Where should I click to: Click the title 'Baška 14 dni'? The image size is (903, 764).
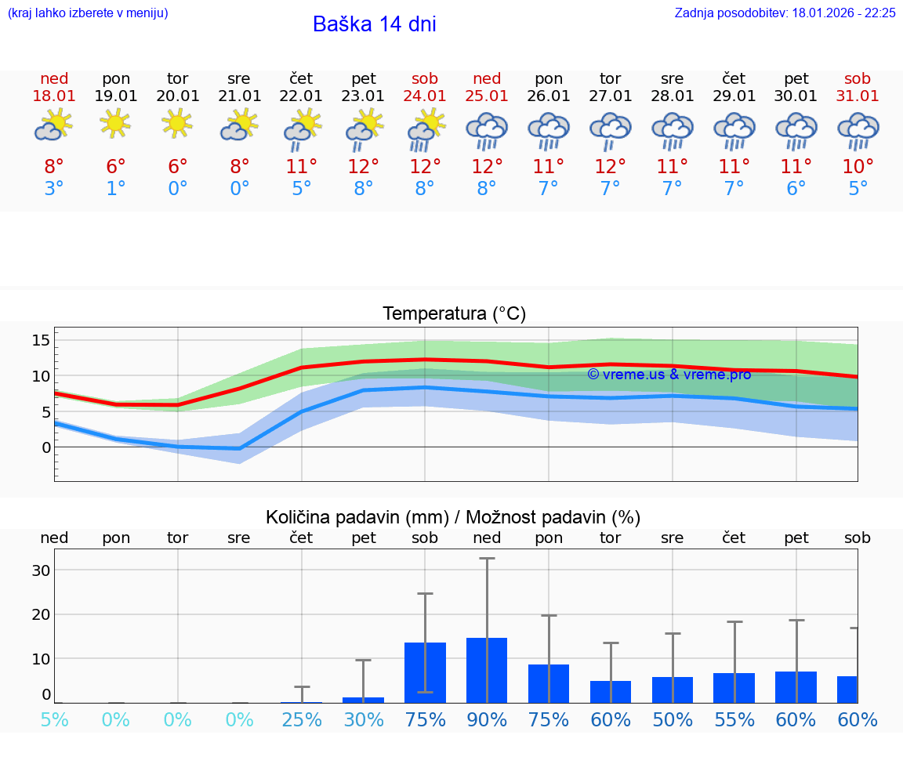(374, 24)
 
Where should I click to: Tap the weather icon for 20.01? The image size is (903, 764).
(178, 123)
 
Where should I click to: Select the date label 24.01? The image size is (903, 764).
(425, 96)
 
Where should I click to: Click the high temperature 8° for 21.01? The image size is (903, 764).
(240, 166)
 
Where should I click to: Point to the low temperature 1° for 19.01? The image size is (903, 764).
(116, 189)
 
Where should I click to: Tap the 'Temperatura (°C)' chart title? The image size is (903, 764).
(454, 314)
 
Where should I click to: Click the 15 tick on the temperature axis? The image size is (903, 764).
(41, 340)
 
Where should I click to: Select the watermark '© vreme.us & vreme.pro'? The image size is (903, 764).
(669, 375)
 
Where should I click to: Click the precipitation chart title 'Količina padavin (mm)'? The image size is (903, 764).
(357, 517)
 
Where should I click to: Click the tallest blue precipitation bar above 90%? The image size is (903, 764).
(487, 670)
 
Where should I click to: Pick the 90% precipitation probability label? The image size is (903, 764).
(487, 719)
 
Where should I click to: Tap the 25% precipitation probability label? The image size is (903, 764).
(302, 719)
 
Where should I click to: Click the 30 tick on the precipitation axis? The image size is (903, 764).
(41, 570)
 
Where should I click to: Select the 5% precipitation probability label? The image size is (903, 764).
(54, 719)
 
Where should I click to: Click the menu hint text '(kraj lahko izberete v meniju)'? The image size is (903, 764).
(87, 13)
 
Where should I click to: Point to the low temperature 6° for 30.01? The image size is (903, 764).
(796, 189)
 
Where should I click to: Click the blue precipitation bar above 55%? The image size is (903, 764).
(734, 687)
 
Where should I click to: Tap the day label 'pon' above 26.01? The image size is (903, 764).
(549, 78)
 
